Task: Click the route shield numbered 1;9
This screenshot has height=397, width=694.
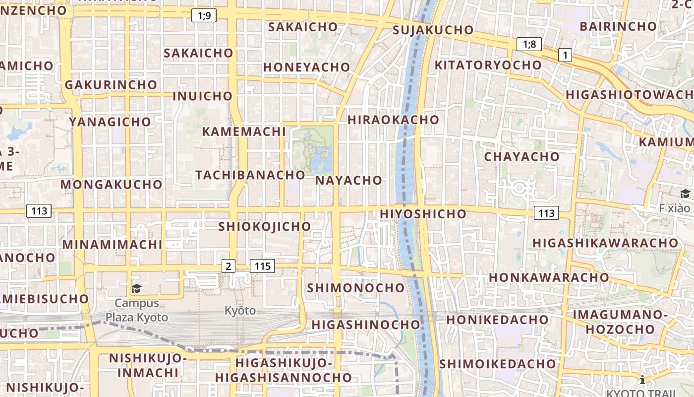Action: [204, 16]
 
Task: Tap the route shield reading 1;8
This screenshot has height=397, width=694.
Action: [529, 44]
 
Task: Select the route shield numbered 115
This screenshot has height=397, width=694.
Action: [262, 266]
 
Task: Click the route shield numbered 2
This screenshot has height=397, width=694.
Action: [228, 266]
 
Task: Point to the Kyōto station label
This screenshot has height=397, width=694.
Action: [240, 311]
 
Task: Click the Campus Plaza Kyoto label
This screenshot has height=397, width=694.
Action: [137, 310]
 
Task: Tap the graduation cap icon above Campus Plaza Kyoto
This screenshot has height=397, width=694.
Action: [136, 288]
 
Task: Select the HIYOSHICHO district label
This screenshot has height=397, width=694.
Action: [423, 214]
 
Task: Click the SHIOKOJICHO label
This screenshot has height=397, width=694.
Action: [265, 226]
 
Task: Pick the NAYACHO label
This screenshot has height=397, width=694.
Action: [348, 180]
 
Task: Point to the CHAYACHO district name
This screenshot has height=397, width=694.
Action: [521, 157]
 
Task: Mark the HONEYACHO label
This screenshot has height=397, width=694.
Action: [306, 67]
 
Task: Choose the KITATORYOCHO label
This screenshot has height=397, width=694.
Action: [488, 65]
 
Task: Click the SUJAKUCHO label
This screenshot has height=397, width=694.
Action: [433, 30]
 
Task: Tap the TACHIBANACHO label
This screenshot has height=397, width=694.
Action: [250, 175]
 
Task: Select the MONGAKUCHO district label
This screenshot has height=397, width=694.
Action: [112, 185]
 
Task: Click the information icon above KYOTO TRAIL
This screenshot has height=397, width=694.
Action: [642, 380]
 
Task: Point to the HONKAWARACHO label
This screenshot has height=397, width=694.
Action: [549, 277]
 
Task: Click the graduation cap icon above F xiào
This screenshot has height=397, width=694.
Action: [685, 194]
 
